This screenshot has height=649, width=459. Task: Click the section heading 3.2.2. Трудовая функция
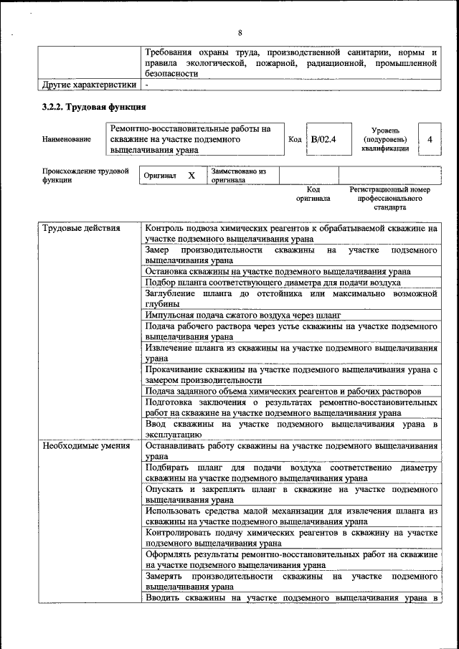click(93, 107)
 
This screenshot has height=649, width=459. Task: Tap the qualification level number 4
click(429, 139)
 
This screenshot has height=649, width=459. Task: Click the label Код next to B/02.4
click(294, 139)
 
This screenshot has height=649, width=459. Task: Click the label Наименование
click(67, 140)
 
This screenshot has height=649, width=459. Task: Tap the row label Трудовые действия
click(72, 229)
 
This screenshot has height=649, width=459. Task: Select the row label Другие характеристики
click(89, 84)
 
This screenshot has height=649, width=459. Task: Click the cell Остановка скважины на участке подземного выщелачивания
click(278, 272)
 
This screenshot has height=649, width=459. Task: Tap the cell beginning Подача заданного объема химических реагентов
click(283, 391)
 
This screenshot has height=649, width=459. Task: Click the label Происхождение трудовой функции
click(85, 176)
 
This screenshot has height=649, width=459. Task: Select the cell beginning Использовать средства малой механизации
click(290, 516)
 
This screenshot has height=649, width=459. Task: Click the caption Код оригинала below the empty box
click(313, 194)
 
